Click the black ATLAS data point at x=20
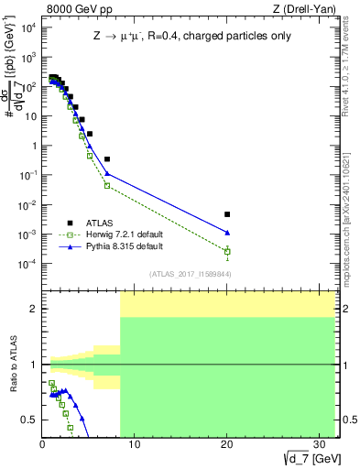pos(227,214)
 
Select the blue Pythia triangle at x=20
pos(227,233)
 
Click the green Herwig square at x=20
pos(227,251)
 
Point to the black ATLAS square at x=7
pos(107,159)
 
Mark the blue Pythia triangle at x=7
pos(107,173)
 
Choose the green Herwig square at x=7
pos(107,185)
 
